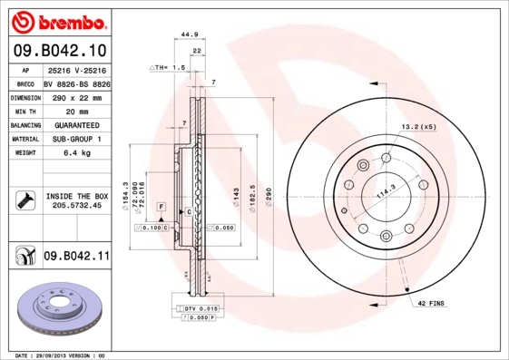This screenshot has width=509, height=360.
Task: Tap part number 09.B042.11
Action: (x=76, y=257)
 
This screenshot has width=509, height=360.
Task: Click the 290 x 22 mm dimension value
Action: (x=76, y=96)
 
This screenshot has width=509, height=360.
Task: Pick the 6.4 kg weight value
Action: (x=76, y=153)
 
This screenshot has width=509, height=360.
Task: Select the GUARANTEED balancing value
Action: (x=76, y=125)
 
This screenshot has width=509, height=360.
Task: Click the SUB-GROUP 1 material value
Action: (x=76, y=139)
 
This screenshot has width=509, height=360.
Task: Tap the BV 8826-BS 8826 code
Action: (x=76, y=83)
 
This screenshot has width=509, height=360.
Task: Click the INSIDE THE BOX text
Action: (x=76, y=196)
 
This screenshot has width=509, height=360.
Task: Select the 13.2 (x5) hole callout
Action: (x=418, y=127)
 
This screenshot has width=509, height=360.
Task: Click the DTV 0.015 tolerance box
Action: (x=196, y=310)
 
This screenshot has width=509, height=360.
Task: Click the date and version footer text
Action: (x=62, y=355)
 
